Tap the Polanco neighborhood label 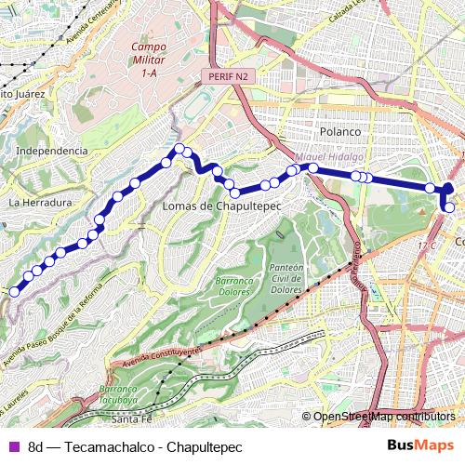pyautogui.click(x=339, y=132)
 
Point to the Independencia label pyautogui.click(x=52, y=151)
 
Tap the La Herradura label pyautogui.click(x=40, y=202)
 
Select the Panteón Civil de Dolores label pyautogui.click(x=286, y=276)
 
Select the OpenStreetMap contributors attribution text pyautogui.click(x=383, y=417)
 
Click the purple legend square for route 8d pyautogui.click(x=13, y=447)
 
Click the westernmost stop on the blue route pyautogui.click(x=14, y=292)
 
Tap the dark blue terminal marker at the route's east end pyautogui.click(x=449, y=190)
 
